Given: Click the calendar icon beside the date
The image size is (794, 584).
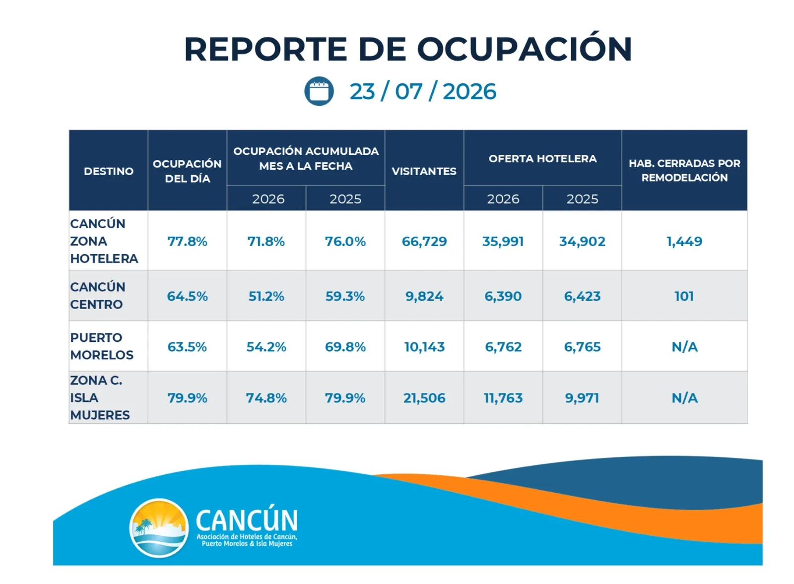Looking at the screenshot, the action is [x=319, y=91].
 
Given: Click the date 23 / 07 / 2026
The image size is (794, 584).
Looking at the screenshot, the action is [x=423, y=91].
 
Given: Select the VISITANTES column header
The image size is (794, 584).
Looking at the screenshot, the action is [x=424, y=171].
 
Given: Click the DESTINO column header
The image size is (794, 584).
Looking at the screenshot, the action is [x=109, y=171].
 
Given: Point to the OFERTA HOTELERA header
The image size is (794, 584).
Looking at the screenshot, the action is [x=543, y=158].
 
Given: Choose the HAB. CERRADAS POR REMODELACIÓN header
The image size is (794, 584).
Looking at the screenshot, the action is [x=684, y=171].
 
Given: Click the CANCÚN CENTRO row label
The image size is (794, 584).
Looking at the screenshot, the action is [x=97, y=296].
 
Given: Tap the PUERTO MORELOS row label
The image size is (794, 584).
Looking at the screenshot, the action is [x=102, y=346].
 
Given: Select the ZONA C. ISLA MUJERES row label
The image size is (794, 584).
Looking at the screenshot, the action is [x=100, y=397].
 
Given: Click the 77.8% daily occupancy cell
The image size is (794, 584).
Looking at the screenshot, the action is [x=187, y=241].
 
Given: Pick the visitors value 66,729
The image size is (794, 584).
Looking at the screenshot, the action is [x=424, y=241].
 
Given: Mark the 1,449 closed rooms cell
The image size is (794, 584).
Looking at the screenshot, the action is [x=684, y=241].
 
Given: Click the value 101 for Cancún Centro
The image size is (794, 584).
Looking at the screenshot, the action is [x=684, y=296].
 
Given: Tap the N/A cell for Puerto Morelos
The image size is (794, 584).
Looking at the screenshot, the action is [x=684, y=346].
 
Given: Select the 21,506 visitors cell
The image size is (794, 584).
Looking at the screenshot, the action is [x=424, y=398].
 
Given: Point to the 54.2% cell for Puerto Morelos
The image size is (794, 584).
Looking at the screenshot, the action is [x=266, y=346].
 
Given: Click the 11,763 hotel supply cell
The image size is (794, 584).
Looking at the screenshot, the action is [x=503, y=398].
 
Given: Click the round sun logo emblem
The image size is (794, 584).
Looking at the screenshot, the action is [x=159, y=528].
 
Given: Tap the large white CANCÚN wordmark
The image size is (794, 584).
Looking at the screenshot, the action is [x=247, y=519].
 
